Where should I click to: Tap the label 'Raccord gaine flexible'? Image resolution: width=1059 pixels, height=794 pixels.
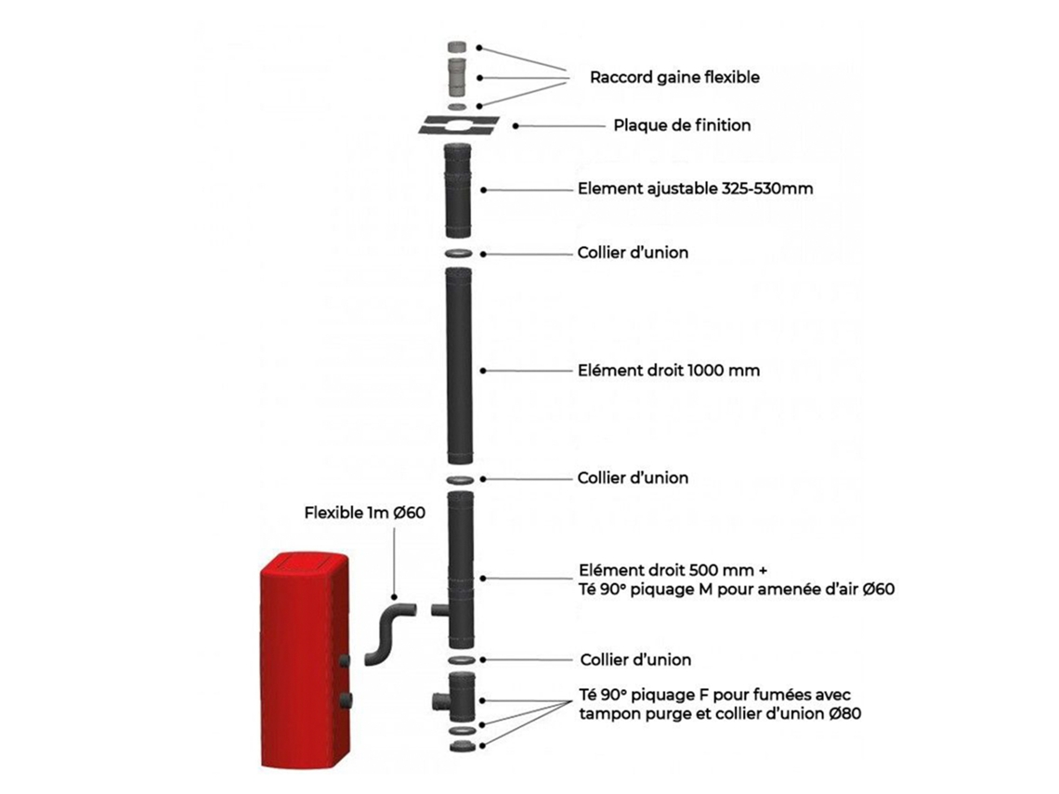click(x=674, y=77)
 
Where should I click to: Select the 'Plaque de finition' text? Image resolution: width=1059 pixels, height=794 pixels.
click(x=682, y=125)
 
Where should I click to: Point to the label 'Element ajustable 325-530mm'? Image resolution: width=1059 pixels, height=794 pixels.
click(x=695, y=189)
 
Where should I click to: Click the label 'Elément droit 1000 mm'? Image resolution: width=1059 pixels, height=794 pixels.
click(x=669, y=370)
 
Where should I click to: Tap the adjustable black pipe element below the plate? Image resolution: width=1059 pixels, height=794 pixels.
click(x=458, y=190)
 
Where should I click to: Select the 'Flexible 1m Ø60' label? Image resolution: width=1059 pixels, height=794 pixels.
click(x=365, y=514)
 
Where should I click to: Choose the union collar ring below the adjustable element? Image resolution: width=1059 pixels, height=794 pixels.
click(x=459, y=254)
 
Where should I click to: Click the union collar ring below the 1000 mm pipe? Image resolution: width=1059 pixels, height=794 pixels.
click(x=460, y=479)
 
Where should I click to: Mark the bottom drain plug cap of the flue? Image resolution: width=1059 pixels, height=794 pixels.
click(x=462, y=746)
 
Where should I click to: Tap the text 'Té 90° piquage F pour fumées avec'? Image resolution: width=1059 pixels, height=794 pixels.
click(x=714, y=695)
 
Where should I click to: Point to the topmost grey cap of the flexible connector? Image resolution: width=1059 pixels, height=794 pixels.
click(x=457, y=46)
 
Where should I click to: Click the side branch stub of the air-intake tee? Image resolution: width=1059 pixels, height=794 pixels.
click(x=439, y=610)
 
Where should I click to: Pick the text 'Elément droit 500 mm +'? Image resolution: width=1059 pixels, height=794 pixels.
click(x=673, y=570)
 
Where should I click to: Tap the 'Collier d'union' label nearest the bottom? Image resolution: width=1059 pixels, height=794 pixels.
click(x=635, y=659)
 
